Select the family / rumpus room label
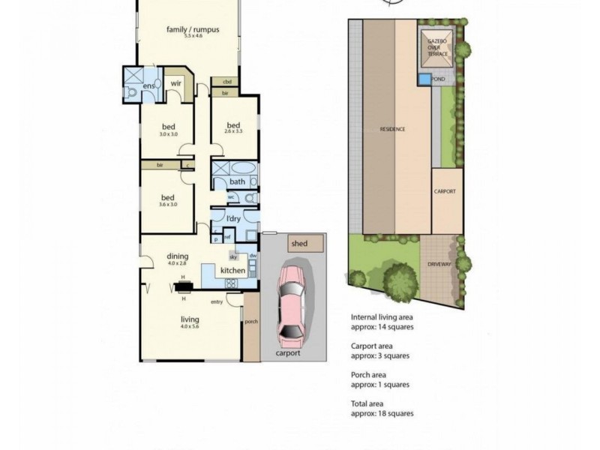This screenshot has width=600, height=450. coord(193,31)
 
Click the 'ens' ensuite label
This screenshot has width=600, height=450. coord(148,86)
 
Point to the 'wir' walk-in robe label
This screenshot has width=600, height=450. coord(177,84)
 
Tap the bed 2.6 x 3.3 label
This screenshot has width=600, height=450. coord(233,127)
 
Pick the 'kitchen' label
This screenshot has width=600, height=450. coord(232,270)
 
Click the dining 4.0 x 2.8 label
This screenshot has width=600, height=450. coord(178,259)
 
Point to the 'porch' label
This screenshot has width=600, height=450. coord(250,322)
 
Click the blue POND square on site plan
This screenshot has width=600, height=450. coord(425,78)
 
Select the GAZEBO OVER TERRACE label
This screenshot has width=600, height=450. coord(437,45)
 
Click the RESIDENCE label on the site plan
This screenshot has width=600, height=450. coord(392,129)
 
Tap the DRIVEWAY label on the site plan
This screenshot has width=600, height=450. coord(440,265)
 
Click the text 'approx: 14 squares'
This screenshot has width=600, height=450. coord(382,327)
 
